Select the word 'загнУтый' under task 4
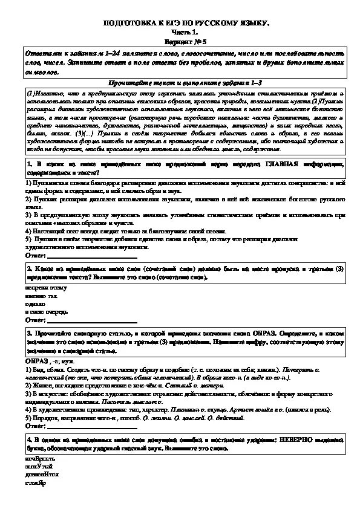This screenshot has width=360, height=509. (x=39, y=467)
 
